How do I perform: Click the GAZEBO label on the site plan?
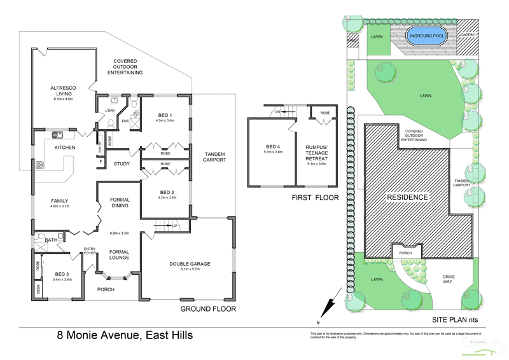(468, 34)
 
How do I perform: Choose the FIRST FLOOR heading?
(315, 198)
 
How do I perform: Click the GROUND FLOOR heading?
(207, 309)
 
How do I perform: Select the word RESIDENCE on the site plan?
(408, 197)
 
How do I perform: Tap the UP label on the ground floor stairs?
(174, 226)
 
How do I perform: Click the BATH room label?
(52, 240)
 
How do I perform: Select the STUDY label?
(122, 164)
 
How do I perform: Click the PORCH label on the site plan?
(405, 253)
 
